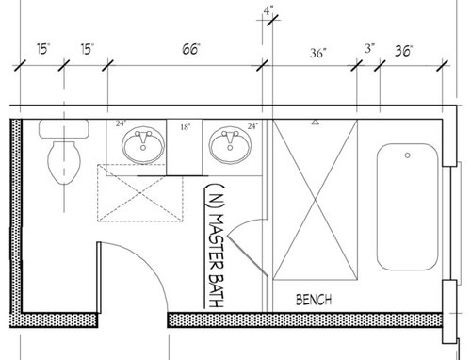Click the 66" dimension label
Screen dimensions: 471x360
pyautogui.click(x=191, y=49)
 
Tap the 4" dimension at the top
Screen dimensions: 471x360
pyautogui.click(x=268, y=11)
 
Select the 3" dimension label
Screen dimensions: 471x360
pyautogui.click(x=370, y=48)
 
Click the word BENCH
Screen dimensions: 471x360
pyautogui.click(x=314, y=300)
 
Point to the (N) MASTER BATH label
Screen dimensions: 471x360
pyautogui.click(x=215, y=245)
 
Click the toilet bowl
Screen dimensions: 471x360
pyautogui.click(x=64, y=162)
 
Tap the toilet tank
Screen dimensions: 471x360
pyautogui.click(x=64, y=128)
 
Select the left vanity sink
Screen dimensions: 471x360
pyautogui.click(x=143, y=146)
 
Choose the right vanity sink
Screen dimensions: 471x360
pyautogui.click(x=230, y=145)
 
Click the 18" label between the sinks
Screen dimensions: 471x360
pyautogui.click(x=186, y=127)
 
